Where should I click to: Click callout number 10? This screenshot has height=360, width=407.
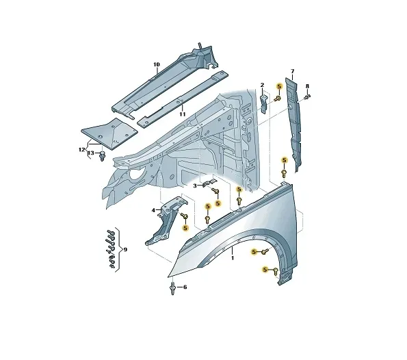coord(157,64)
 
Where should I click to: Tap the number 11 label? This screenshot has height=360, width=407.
coord(183,114)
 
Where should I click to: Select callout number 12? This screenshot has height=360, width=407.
coord(82,150)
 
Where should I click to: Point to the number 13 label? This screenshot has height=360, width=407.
coord(90,153)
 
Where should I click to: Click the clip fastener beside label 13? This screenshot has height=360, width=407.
coord(103,155)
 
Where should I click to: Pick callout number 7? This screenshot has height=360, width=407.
coord(293,71)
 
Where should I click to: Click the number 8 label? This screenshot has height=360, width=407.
coord(307,86)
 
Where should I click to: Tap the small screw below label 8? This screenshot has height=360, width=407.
coord(307,97)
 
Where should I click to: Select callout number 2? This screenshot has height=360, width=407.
coord(262,85)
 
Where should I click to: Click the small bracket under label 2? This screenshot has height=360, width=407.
coord(263,103)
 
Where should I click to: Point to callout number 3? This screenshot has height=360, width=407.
coord(195,185)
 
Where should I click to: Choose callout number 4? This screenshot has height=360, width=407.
coord(153,210)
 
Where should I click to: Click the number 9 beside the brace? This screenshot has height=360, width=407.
coord(125,250)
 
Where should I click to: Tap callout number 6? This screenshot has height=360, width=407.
coord(185,287)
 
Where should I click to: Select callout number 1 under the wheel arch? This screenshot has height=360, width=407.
coord(233,258)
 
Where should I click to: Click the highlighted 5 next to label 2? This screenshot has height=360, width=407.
coord(279,86)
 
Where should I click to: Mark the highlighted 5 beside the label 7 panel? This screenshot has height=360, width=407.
coord(285,160)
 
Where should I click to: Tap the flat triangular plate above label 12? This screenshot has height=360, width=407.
coord(109,133)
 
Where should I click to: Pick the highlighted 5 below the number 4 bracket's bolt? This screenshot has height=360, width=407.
coord(185,228)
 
